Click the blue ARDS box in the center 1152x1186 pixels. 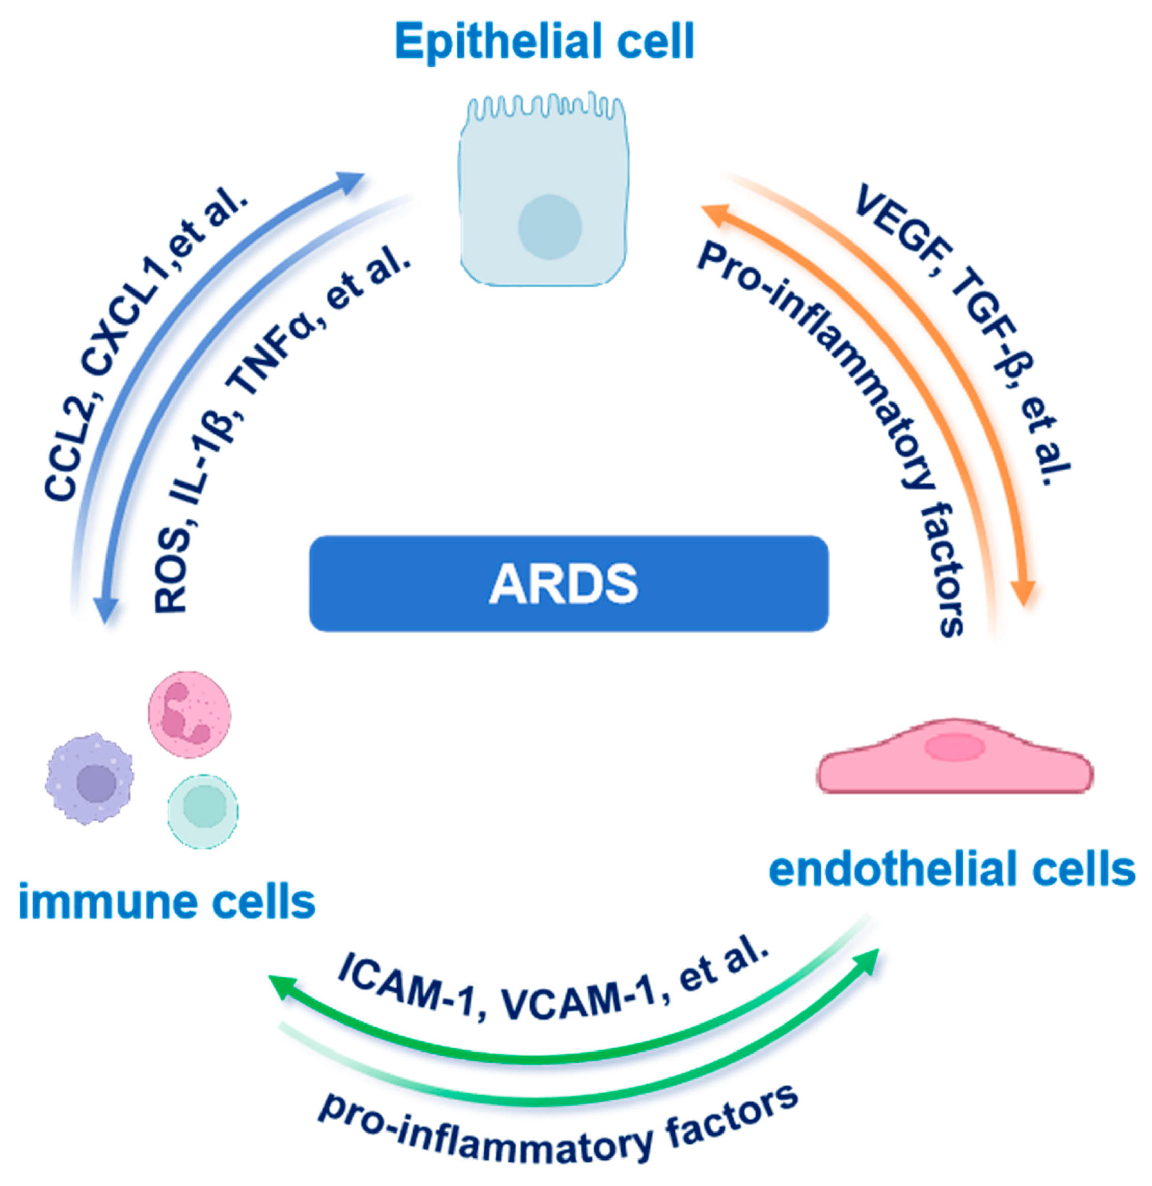point(568,584)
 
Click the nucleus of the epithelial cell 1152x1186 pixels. point(549,227)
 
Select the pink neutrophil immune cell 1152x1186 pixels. point(190,714)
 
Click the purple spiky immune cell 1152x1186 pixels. point(90,779)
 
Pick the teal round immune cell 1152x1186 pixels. point(203,811)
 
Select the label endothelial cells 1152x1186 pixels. point(951,870)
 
